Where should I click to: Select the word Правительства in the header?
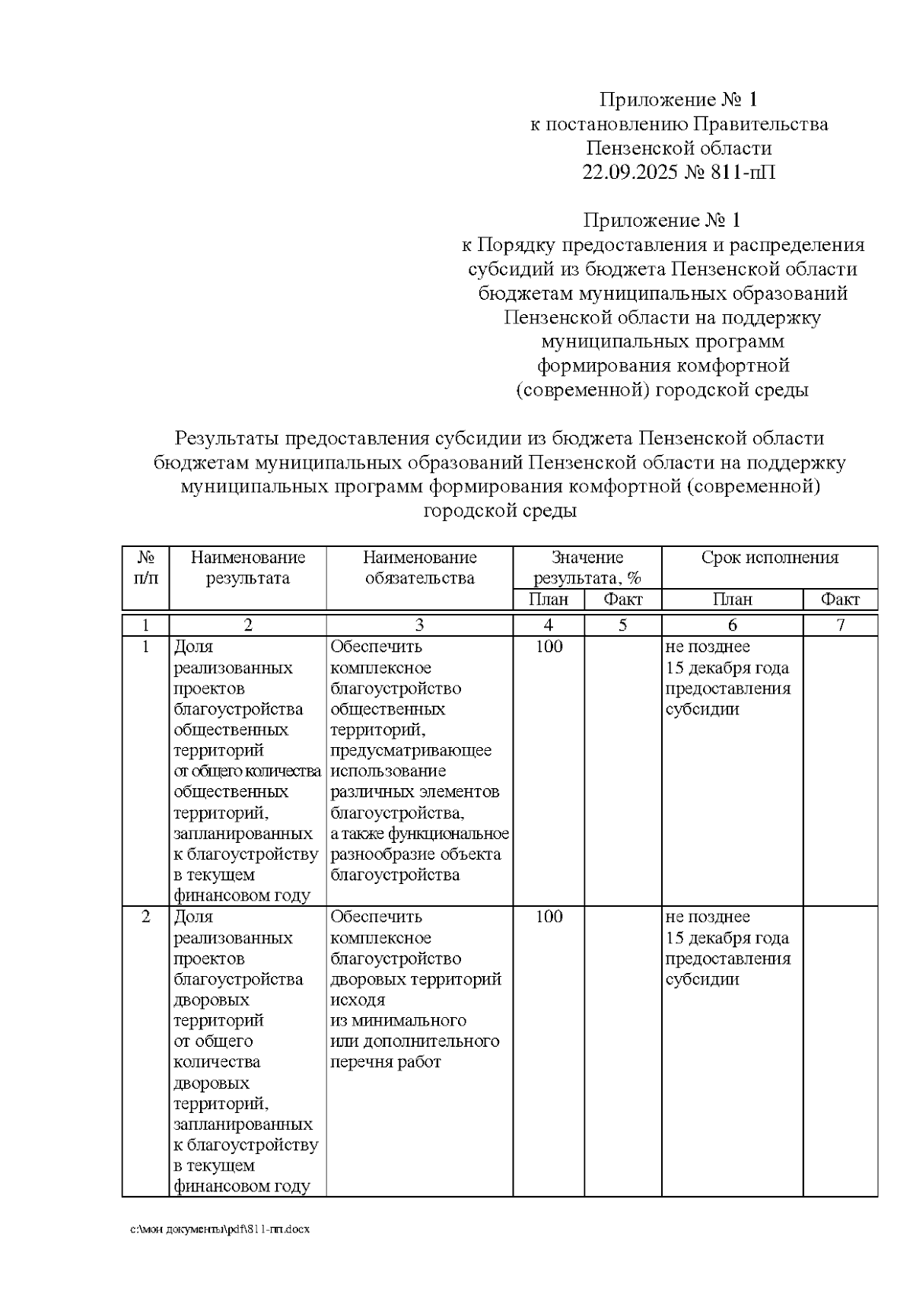pyautogui.click(x=761, y=124)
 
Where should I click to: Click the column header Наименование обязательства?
pyautogui.click(x=419, y=568)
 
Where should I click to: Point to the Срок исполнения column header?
pyautogui.click(x=769, y=558)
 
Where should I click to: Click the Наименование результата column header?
pyautogui.click(x=247, y=568)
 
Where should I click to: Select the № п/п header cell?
pyautogui.click(x=145, y=568)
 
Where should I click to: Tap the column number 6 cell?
pyautogui.click(x=732, y=625)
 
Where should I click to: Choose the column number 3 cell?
pyautogui.click(x=419, y=625)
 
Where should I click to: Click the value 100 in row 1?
pyautogui.click(x=549, y=647)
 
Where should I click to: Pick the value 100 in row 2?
pyautogui.click(x=549, y=917)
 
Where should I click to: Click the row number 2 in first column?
pyautogui.click(x=145, y=917)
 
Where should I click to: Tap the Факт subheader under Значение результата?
pyautogui.click(x=622, y=599)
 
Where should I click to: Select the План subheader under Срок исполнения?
pyautogui.click(x=732, y=599)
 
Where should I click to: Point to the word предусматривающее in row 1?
pyautogui.click(x=411, y=751)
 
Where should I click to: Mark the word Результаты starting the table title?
pyautogui.click(x=226, y=438)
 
